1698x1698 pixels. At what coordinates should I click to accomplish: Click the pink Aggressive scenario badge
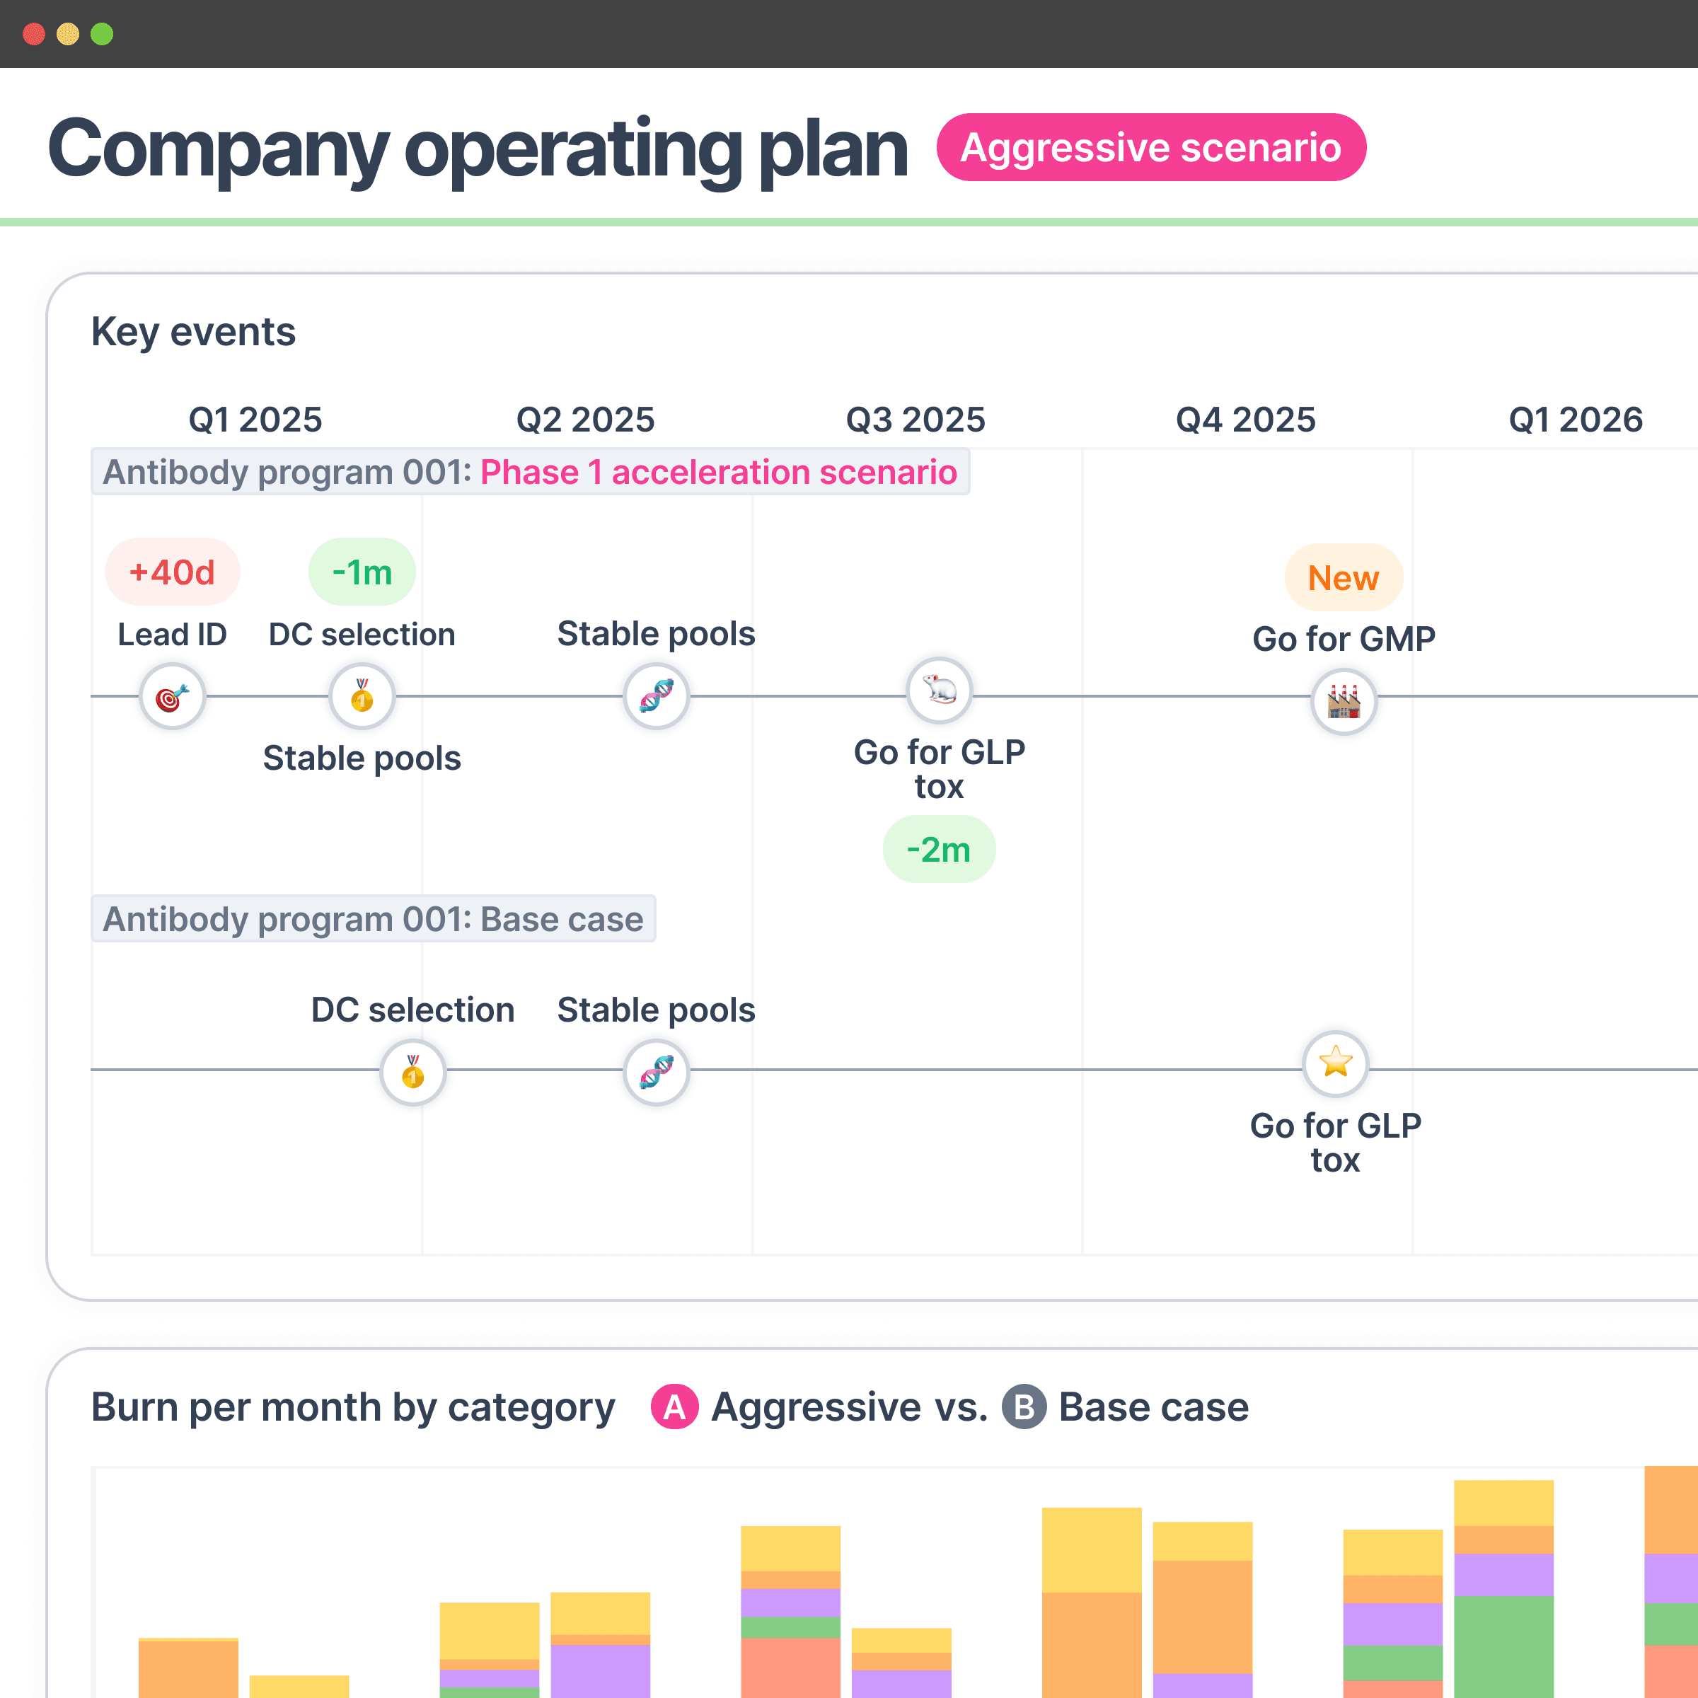pos(1150,146)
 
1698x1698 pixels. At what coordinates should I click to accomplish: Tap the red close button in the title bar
pos(34,34)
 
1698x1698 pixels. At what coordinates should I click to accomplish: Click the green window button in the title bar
pos(102,34)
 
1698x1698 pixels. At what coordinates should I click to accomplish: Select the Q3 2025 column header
pos(915,420)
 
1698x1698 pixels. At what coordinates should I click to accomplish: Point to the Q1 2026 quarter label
pos(1575,420)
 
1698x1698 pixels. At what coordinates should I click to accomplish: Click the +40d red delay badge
pos(172,572)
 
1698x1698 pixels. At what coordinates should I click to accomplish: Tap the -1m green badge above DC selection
pos(362,572)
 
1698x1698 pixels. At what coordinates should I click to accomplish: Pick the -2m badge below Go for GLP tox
pos(939,849)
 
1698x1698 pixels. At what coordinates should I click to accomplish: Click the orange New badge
pos(1343,577)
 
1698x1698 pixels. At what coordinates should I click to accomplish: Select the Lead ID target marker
pos(172,696)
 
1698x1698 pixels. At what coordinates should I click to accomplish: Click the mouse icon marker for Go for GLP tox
pos(939,691)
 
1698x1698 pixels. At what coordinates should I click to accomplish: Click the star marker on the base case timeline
pos(1335,1063)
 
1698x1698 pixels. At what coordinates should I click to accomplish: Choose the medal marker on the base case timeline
pos(413,1071)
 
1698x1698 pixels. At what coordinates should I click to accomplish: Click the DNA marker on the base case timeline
pos(657,1071)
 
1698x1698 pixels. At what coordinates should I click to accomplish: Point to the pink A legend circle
pos(674,1407)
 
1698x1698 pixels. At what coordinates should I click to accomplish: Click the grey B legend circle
pos(1024,1407)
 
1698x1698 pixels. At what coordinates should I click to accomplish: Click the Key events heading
pos(193,333)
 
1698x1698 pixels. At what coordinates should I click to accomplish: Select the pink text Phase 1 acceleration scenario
pos(718,473)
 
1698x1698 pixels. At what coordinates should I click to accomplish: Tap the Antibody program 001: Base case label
pos(374,919)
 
